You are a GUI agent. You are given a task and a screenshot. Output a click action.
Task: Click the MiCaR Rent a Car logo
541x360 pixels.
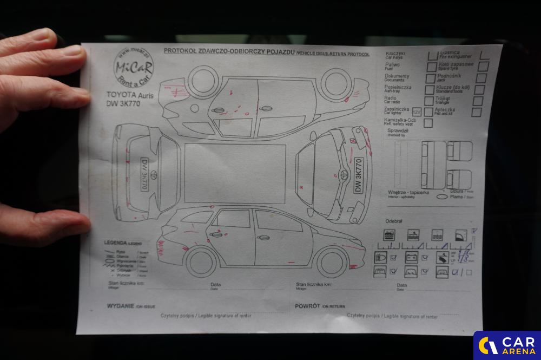(x=133, y=68)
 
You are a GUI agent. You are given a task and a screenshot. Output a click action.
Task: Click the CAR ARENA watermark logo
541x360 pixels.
(x=507, y=345)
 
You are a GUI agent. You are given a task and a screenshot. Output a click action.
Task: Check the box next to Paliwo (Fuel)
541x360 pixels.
(x=431, y=66)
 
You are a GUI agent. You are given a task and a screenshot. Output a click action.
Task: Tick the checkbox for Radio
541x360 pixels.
(x=428, y=100)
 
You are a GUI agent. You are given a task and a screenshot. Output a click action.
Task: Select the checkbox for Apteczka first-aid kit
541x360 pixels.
(x=476, y=112)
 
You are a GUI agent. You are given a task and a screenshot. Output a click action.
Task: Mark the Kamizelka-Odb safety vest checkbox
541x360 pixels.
(x=428, y=123)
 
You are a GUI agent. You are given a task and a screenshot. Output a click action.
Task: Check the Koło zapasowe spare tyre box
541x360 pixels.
(x=483, y=66)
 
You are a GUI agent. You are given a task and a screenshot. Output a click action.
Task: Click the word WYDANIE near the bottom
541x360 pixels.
(x=120, y=306)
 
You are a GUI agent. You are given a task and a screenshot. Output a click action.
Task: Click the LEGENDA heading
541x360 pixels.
(x=115, y=243)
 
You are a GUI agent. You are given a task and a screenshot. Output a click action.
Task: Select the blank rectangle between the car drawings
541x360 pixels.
(x=235, y=173)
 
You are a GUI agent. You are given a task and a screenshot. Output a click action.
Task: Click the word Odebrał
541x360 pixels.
(x=393, y=221)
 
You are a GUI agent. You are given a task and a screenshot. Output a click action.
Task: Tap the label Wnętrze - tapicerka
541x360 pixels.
(x=408, y=192)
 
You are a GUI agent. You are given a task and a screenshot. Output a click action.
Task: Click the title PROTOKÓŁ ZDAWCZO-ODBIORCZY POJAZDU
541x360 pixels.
(x=229, y=51)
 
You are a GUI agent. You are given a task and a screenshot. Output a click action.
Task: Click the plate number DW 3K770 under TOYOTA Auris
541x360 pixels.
(x=123, y=103)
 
